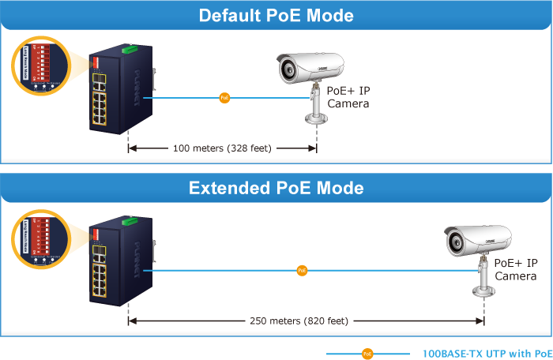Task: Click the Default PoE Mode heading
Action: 276,16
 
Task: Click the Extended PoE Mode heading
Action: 276,188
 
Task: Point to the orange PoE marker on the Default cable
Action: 224,98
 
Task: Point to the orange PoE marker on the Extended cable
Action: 302,271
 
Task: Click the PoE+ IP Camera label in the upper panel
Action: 348,97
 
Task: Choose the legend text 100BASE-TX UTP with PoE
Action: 487,354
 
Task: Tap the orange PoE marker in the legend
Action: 367,354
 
